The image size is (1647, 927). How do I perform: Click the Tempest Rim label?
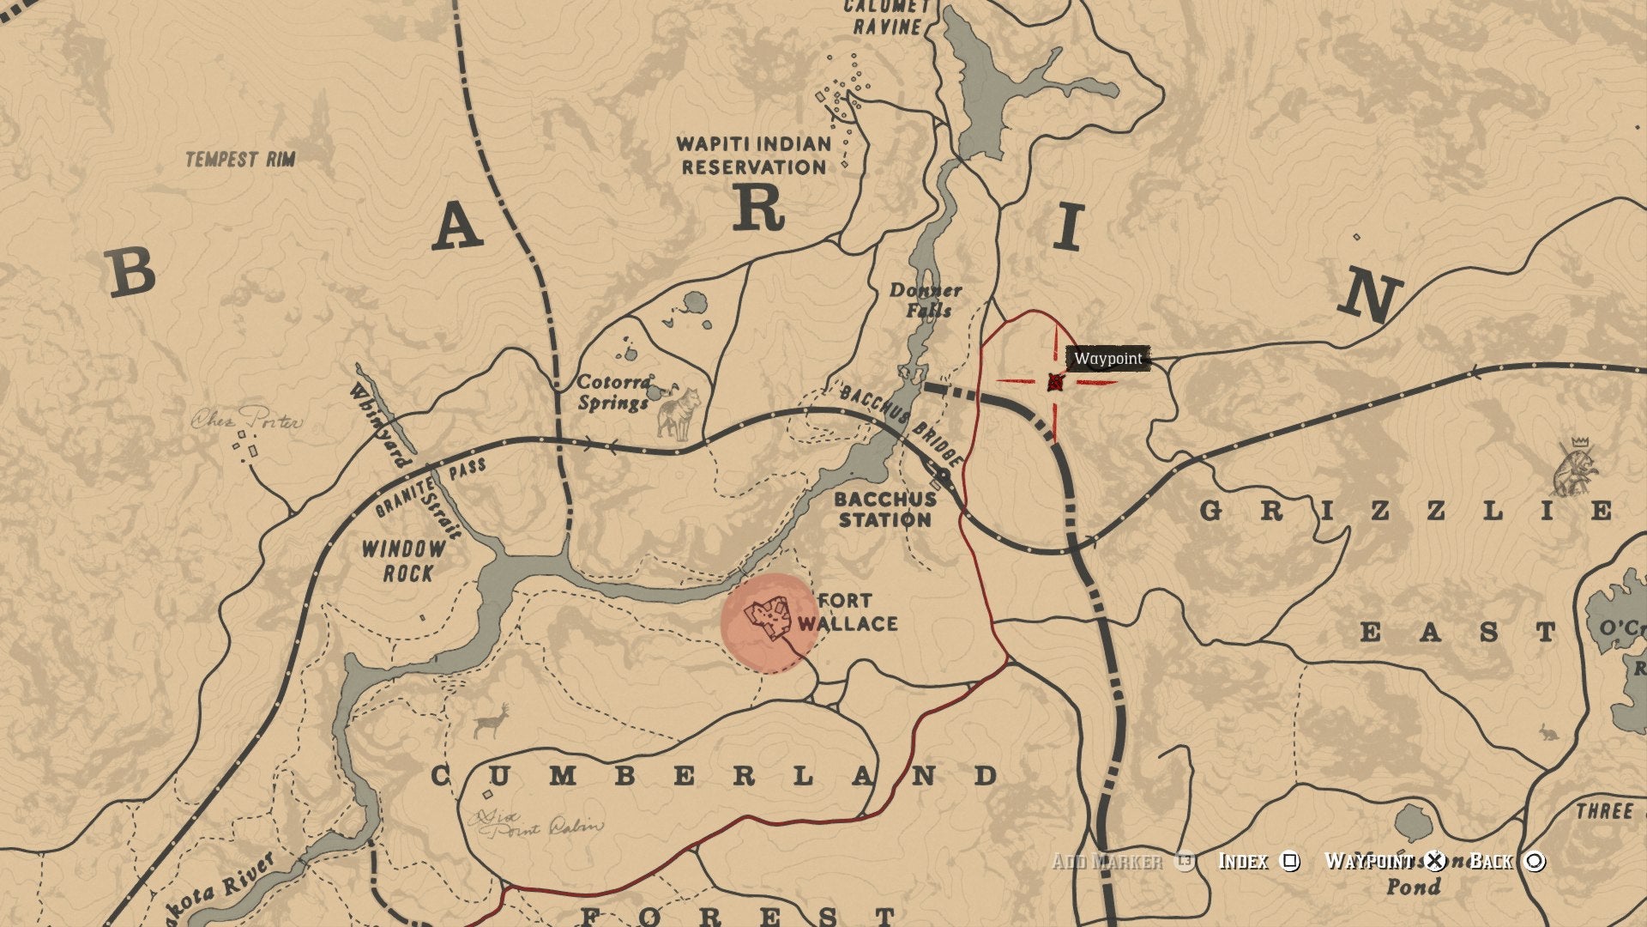240,159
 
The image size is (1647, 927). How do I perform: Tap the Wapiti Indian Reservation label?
754,155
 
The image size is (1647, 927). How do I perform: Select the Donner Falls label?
926,300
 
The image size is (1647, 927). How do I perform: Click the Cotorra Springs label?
613,392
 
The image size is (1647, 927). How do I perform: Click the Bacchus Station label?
884,509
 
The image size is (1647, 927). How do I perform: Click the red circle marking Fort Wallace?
769,621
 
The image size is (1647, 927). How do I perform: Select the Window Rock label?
403,560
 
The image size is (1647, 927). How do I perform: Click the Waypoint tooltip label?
1108,358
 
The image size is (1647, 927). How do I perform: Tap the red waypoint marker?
1055,382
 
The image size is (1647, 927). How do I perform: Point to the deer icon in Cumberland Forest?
492,722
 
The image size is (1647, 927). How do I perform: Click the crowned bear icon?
1577,470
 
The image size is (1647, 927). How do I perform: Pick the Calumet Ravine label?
886,17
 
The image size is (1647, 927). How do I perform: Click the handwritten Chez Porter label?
246,421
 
